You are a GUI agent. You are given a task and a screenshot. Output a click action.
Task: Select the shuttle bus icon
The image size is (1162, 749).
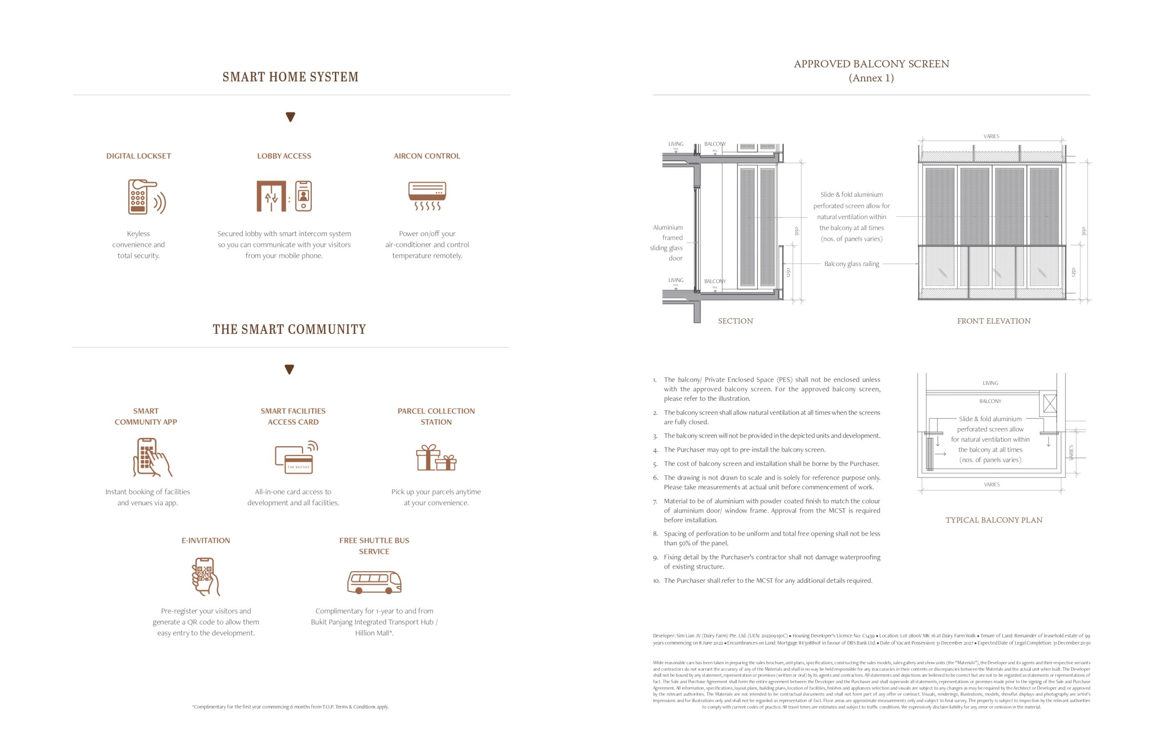click(374, 582)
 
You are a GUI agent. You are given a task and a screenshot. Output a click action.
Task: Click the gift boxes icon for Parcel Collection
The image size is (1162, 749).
click(436, 458)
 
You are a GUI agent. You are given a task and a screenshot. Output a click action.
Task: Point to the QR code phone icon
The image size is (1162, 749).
click(205, 577)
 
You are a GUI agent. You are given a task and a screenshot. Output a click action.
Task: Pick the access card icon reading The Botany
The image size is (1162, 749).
click(296, 458)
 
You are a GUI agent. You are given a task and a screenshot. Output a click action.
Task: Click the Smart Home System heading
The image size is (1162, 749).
click(290, 77)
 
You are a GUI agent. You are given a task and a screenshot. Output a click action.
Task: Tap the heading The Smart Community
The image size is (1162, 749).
click(289, 329)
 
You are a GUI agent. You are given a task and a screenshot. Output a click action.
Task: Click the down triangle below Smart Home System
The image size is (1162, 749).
click(290, 117)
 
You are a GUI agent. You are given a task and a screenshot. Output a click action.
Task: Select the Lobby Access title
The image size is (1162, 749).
click(284, 156)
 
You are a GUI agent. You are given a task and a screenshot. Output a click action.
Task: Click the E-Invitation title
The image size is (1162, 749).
click(206, 540)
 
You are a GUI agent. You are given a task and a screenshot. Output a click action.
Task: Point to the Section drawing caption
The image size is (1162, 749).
click(735, 321)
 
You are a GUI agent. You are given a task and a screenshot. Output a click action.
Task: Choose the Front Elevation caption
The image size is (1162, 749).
click(993, 321)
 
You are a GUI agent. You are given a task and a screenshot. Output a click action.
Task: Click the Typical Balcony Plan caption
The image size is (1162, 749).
click(993, 520)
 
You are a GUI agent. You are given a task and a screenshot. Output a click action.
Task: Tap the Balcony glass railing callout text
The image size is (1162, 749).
click(852, 264)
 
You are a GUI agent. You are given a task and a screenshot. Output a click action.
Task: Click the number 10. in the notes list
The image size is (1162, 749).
click(656, 581)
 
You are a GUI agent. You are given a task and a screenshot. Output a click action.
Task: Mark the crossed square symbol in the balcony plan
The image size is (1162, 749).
click(1050, 404)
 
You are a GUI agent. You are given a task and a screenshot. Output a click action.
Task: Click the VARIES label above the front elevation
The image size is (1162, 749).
click(991, 137)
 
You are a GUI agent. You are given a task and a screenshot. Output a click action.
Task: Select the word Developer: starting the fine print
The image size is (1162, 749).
click(664, 636)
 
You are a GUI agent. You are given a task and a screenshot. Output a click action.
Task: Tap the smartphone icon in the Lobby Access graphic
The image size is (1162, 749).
click(303, 196)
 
